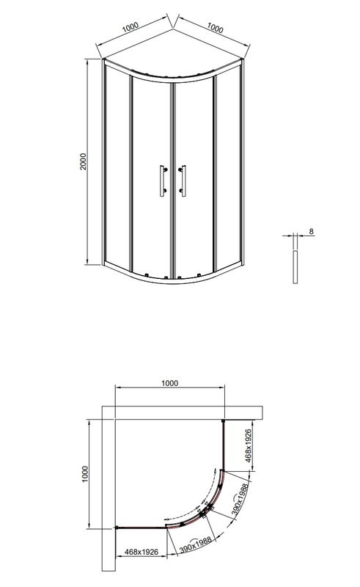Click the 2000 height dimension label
point(83,162)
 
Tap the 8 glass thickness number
point(311,232)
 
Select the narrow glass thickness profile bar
point(295,267)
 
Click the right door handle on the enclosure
point(183,181)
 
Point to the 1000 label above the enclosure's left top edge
point(130,27)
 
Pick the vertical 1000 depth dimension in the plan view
point(84,473)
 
